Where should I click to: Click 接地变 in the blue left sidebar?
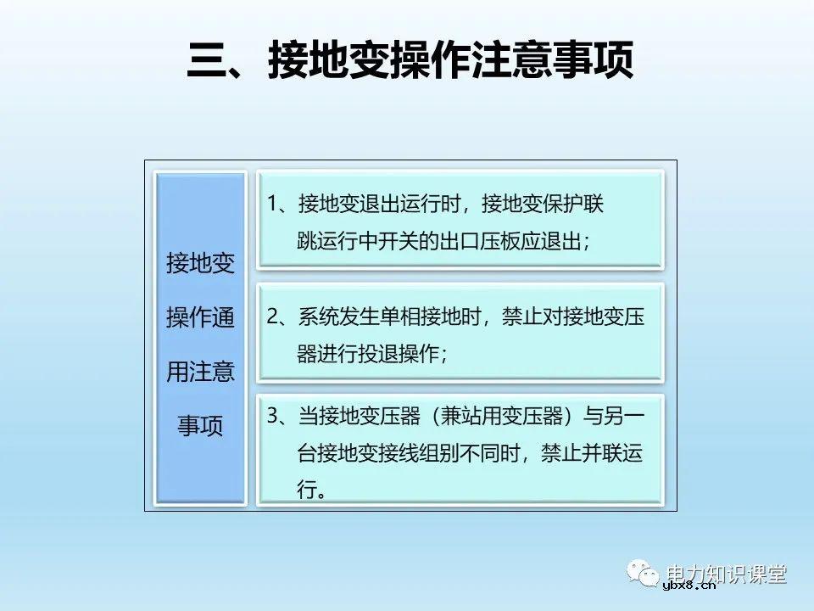200,264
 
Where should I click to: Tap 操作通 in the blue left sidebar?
200,318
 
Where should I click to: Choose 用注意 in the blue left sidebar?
200,372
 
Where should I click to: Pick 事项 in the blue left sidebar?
200,425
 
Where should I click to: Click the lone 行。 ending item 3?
311,490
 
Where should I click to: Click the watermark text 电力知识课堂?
728,574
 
